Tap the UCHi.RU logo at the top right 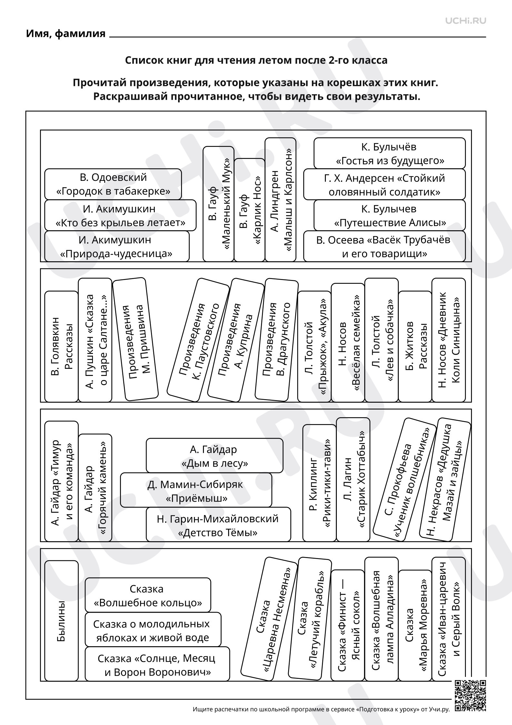[466, 21]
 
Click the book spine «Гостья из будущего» [389, 153]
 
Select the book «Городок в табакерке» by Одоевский [113, 184]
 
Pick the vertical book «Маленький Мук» [218, 204]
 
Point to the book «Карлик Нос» [249, 210]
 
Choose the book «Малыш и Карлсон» [280, 200]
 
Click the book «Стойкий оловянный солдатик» [384, 184]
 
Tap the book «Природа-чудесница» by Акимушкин [117, 246]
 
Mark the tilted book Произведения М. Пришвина [135, 339]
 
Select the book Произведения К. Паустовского [198, 340]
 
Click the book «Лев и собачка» [382, 340]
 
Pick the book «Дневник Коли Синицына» [449, 340]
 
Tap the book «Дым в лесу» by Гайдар [215, 456]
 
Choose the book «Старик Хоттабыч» [353, 480]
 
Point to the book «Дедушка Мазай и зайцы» [445, 480]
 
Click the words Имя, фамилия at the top [66, 33]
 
